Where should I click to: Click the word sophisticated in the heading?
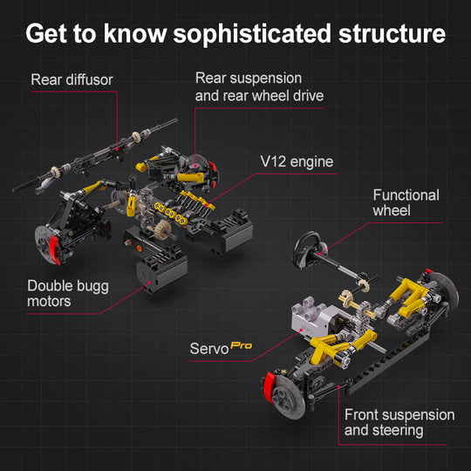tap(252, 35)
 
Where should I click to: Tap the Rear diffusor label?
tap(72, 79)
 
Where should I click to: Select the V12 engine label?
tap(297, 162)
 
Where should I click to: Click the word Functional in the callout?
tap(406, 195)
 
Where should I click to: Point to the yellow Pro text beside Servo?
tap(242, 345)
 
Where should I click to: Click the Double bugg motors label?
tap(68, 293)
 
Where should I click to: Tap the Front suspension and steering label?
tap(399, 422)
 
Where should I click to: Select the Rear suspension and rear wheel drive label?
tap(259, 87)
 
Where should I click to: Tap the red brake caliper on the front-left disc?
tap(270, 388)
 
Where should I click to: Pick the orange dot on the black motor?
tap(139, 248)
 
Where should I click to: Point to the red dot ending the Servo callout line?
tap(301, 330)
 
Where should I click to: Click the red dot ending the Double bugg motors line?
tap(150, 283)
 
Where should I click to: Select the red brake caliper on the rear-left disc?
tap(54, 250)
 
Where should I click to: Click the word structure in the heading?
tap(392, 34)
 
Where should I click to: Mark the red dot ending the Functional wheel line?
tap(319, 255)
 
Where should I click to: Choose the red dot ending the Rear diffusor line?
tap(117, 149)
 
